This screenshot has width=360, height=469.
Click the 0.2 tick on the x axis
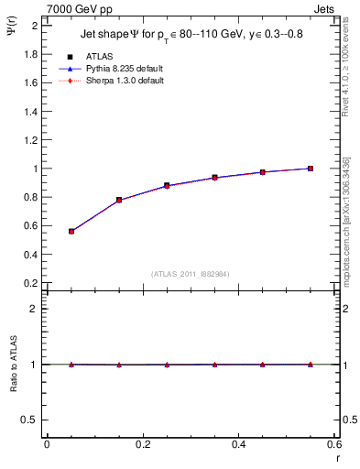click(142, 445)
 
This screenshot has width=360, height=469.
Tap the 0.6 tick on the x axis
click(333, 445)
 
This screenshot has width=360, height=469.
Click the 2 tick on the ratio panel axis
click(34, 309)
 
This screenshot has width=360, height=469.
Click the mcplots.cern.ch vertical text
click(353, 229)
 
